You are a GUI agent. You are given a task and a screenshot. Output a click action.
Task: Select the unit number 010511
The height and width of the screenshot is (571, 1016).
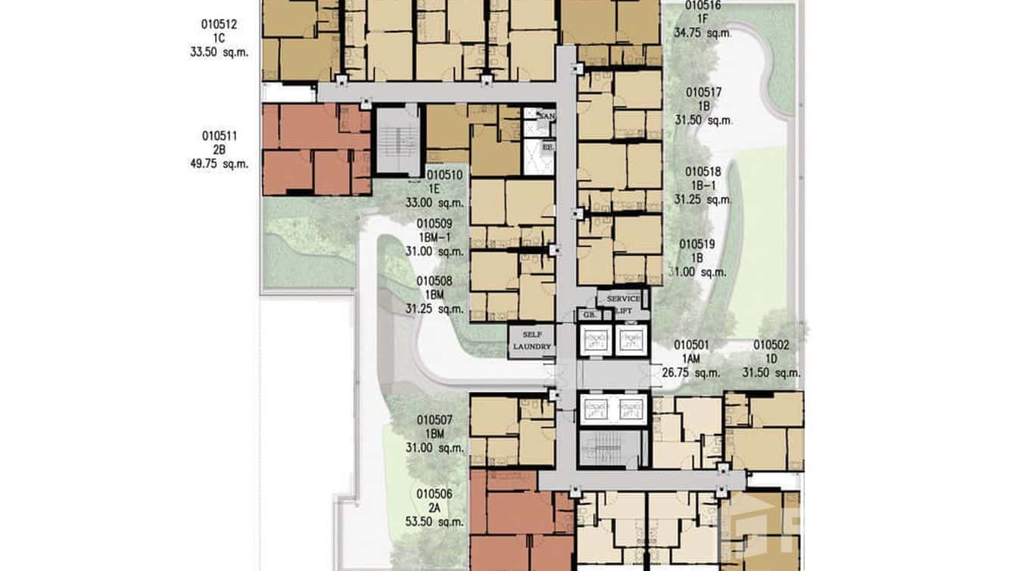pyautogui.click(x=220, y=136)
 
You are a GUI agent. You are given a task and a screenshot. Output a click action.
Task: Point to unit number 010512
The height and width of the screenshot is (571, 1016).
pyautogui.click(x=220, y=24)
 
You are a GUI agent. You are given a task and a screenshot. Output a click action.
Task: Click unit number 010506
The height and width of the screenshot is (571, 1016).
pyautogui.click(x=435, y=495)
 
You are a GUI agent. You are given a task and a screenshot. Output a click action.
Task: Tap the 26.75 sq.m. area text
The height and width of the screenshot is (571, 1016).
pyautogui.click(x=690, y=372)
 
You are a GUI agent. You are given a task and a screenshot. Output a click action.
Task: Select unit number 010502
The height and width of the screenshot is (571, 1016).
pyautogui.click(x=771, y=345)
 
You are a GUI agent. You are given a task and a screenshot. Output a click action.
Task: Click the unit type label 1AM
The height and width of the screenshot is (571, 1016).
pyautogui.click(x=690, y=358)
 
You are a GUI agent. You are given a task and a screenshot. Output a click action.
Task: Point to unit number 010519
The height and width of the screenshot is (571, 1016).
pyautogui.click(x=697, y=244)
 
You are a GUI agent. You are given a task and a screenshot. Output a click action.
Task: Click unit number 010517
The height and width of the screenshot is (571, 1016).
pyautogui.click(x=703, y=92)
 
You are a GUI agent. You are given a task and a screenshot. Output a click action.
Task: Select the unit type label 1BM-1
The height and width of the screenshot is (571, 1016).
pyautogui.click(x=435, y=238)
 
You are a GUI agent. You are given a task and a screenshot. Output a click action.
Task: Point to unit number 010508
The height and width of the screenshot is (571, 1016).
pyautogui.click(x=435, y=281)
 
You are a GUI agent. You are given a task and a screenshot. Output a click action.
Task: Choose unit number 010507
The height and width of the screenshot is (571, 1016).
pyautogui.click(x=435, y=420)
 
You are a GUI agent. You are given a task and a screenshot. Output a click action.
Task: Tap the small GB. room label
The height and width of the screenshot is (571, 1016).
pyautogui.click(x=587, y=314)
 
